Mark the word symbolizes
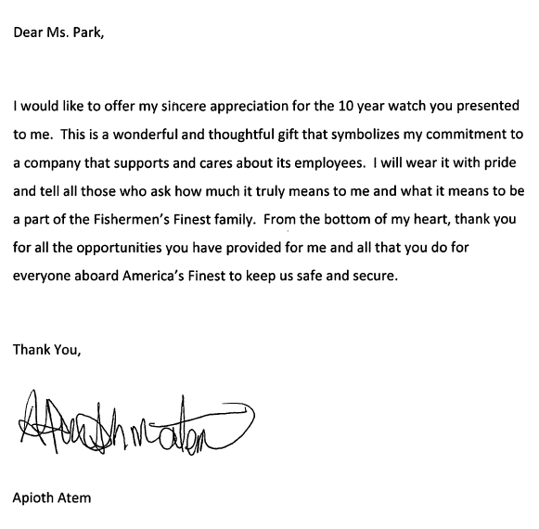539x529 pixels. pos(355,135)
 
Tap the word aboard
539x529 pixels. pos(97,276)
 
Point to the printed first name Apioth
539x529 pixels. pos(34,497)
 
